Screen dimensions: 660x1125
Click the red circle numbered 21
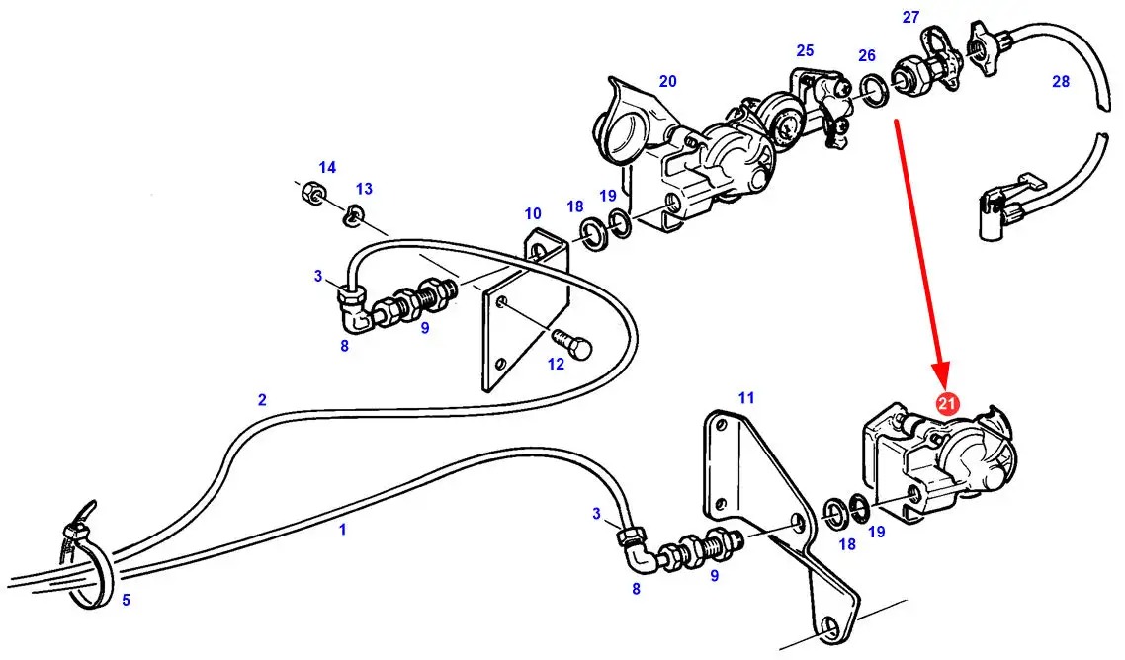pos(947,403)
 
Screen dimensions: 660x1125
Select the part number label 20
pos(668,81)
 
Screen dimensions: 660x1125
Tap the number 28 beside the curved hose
pos(1061,82)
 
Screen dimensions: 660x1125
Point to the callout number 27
pos(910,17)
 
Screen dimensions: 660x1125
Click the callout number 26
pos(867,55)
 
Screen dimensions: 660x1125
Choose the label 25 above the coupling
pos(805,50)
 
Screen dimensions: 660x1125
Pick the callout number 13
pos(364,188)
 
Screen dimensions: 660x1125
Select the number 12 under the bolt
pos(556,364)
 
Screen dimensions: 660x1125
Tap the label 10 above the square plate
pos(533,212)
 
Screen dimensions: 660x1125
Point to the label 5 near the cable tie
pos(126,599)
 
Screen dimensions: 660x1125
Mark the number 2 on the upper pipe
pos(262,399)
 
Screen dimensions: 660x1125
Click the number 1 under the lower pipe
pos(343,530)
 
